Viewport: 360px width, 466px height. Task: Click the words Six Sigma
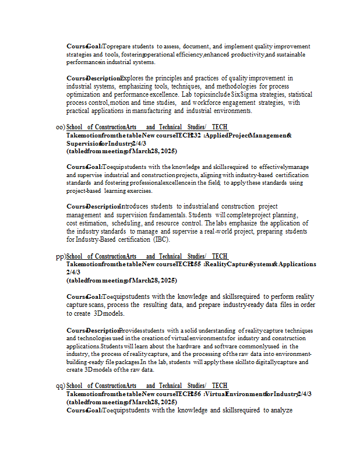pos(244,94)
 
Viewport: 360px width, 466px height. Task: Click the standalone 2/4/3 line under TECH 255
pos(73,272)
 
